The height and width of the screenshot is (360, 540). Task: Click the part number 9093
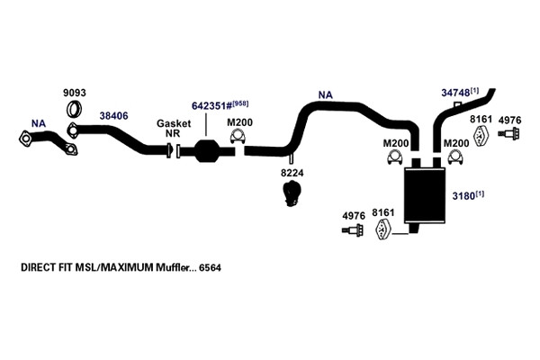(x=75, y=93)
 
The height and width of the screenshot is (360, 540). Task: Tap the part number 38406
(x=113, y=116)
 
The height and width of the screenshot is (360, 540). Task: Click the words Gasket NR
(x=174, y=128)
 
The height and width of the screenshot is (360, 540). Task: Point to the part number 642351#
(x=211, y=106)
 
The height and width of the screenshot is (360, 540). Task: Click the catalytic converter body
(x=207, y=150)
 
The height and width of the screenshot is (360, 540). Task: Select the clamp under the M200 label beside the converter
(x=238, y=137)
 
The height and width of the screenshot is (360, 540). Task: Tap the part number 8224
(x=292, y=173)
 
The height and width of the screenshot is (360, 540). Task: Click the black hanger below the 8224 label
(x=292, y=193)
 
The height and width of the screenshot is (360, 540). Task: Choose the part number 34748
(x=455, y=93)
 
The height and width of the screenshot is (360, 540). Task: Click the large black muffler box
(x=425, y=195)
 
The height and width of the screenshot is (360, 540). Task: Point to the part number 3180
(x=463, y=196)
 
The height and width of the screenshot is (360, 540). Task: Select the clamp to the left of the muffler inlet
(x=395, y=157)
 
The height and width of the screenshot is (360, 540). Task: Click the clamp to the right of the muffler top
(x=455, y=157)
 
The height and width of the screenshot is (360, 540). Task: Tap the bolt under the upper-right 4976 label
(x=508, y=133)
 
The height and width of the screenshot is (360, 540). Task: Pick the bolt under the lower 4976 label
(x=353, y=229)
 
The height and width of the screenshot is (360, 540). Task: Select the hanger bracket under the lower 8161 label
(x=382, y=229)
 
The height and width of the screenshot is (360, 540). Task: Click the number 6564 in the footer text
(x=210, y=267)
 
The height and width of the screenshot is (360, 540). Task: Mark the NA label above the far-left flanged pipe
(x=39, y=123)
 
